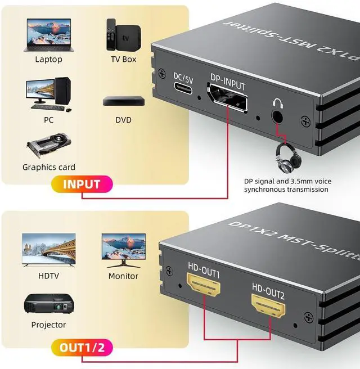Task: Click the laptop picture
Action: (x=48, y=35)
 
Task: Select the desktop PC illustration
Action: (x=48, y=94)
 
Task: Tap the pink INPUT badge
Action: (x=82, y=184)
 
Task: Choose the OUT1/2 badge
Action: (x=82, y=346)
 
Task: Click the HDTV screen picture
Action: (x=48, y=250)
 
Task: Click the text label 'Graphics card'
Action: (x=48, y=167)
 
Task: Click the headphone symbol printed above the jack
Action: (x=277, y=103)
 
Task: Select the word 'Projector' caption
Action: (x=48, y=325)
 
